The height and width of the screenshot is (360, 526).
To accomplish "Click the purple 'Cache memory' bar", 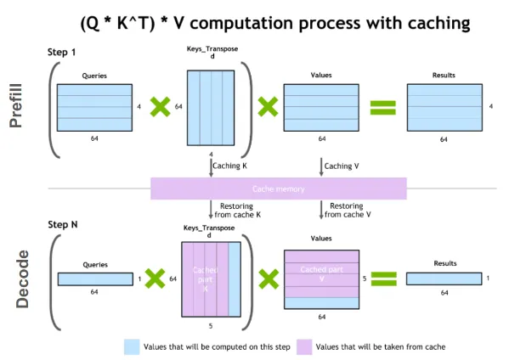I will tap(278, 188).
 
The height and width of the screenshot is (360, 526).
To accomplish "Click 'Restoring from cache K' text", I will tap(239, 211).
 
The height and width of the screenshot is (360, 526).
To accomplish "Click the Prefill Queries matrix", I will tap(93, 106).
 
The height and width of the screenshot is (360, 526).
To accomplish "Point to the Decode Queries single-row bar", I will tap(93, 278).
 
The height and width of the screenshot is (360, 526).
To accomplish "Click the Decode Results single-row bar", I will tap(443, 278).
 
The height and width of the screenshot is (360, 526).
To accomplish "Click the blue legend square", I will tap(132, 346).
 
